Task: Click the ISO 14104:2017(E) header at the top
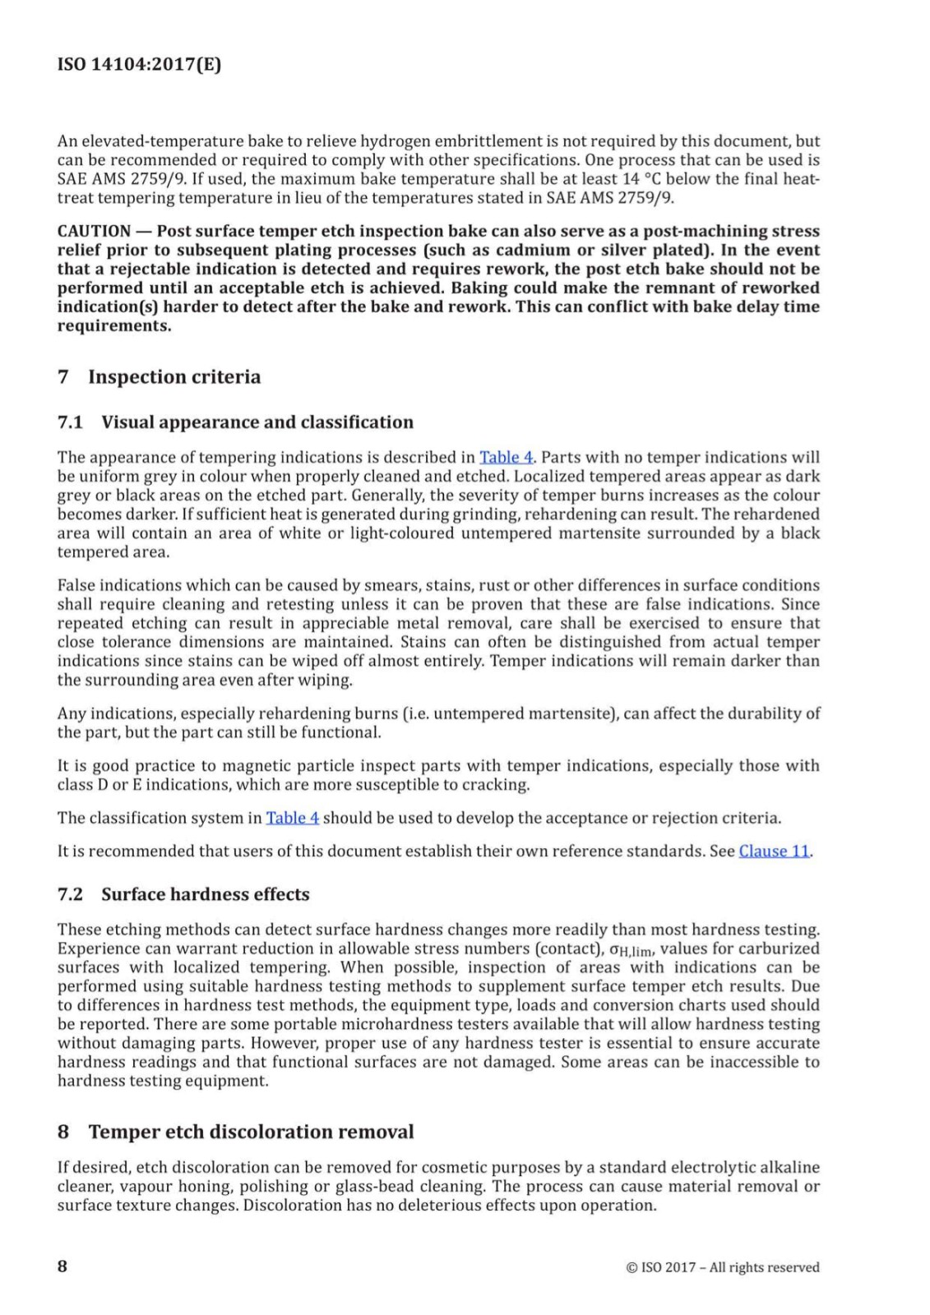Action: click(139, 65)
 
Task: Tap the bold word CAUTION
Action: click(94, 231)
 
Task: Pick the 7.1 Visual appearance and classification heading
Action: click(235, 422)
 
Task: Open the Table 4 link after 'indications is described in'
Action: click(506, 457)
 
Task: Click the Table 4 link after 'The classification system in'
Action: click(292, 818)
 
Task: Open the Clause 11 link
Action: click(775, 851)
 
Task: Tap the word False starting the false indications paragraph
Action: click(76, 585)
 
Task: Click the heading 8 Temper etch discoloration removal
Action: click(235, 1132)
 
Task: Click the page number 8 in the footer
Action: click(62, 1266)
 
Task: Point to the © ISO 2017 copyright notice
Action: click(723, 1267)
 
